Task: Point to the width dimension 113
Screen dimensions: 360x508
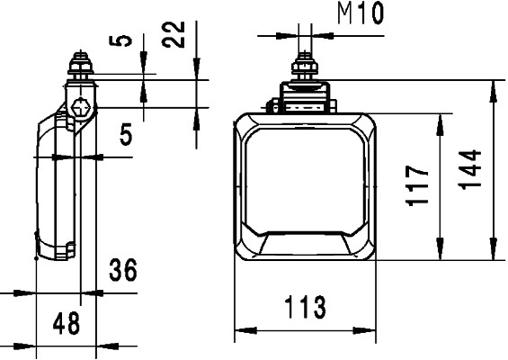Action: (305, 308)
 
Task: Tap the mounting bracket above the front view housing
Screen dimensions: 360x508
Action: (305, 97)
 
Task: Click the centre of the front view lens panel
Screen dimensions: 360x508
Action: (305, 180)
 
